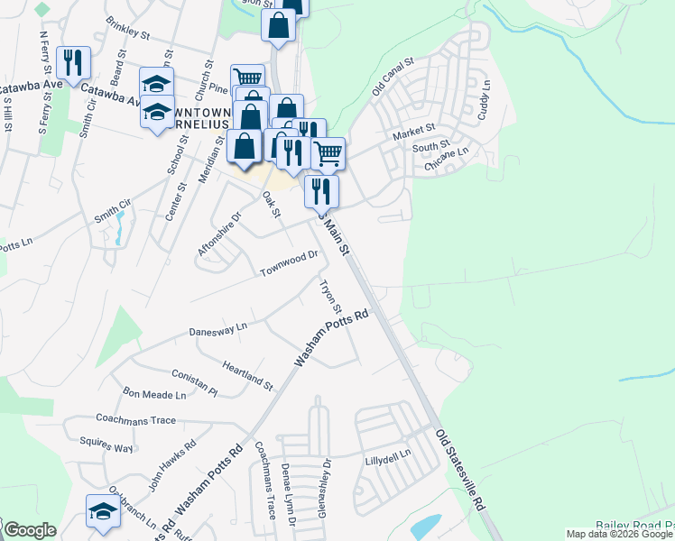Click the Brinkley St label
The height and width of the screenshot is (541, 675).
pyautogui.click(x=127, y=27)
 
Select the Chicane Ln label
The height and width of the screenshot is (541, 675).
pyautogui.click(x=448, y=160)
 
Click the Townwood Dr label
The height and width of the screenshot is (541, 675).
pyautogui.click(x=290, y=263)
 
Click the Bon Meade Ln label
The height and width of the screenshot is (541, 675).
pyautogui.click(x=154, y=394)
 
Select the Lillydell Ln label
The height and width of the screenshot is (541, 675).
pyautogui.click(x=388, y=458)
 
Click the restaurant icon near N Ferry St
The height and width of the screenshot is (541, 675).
pyautogui.click(x=69, y=60)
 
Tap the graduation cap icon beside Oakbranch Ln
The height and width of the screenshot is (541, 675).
pyautogui.click(x=102, y=509)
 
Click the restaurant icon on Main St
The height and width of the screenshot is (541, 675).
pyautogui.click(x=320, y=190)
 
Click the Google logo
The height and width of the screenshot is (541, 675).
pyautogui.click(x=30, y=530)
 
